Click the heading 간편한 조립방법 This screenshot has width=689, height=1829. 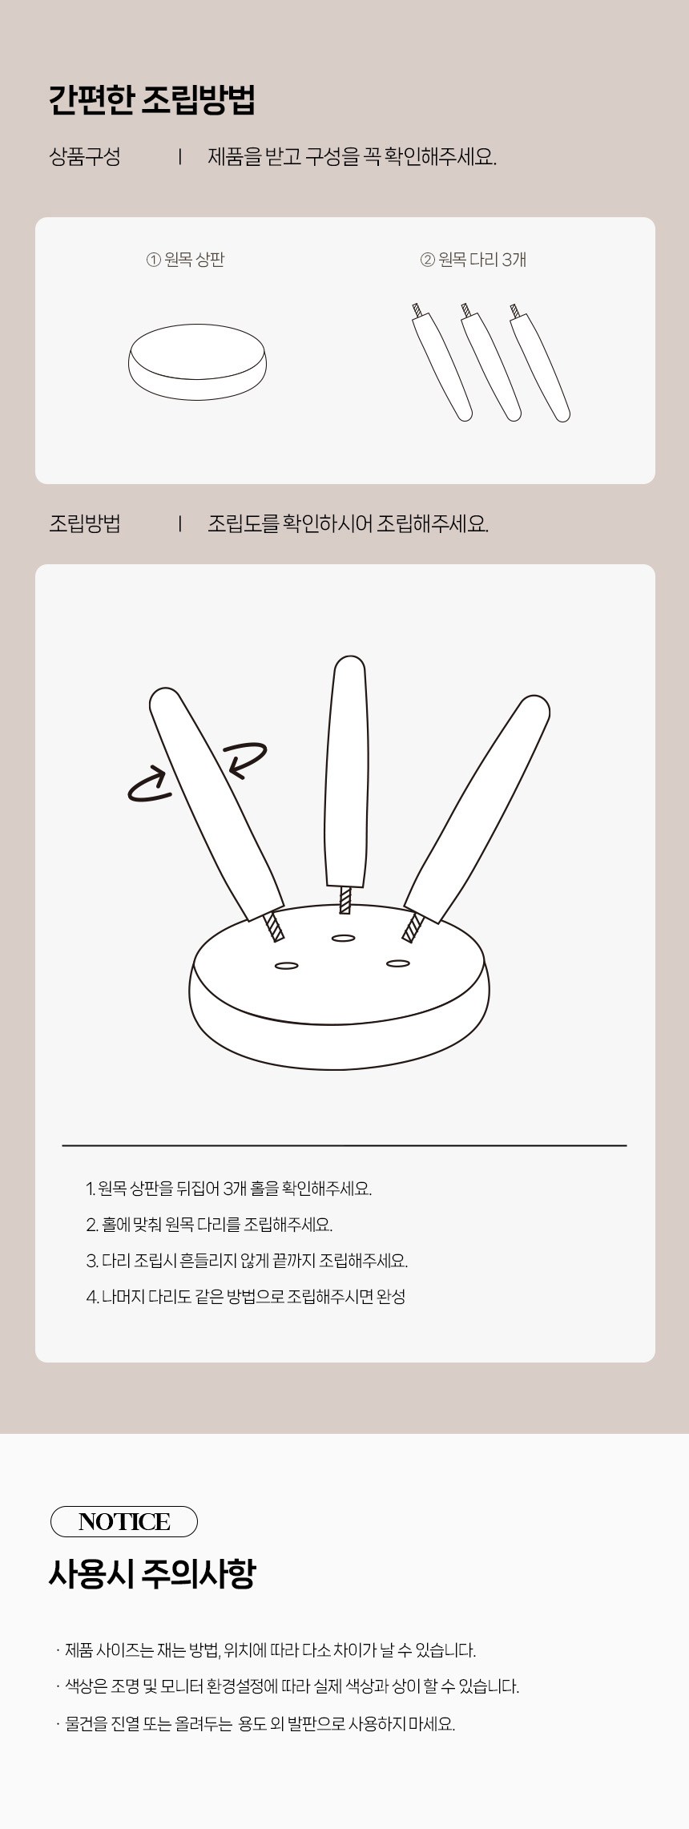(152, 100)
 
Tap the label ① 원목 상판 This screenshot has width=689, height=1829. (185, 260)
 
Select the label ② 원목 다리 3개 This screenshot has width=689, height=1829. (473, 260)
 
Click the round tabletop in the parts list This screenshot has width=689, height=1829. (197, 361)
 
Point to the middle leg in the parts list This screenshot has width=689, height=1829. (490, 362)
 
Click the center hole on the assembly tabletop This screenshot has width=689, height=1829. (343, 938)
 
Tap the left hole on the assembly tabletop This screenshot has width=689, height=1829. (286, 966)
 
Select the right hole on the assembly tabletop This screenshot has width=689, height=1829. (398, 963)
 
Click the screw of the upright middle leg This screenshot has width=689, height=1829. (345, 900)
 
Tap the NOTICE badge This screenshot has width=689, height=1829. (124, 1521)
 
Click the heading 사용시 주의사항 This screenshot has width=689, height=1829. (152, 1575)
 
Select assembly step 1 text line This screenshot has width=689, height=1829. (229, 1188)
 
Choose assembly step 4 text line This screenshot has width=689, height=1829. (246, 1296)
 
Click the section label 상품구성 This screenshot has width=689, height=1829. (85, 156)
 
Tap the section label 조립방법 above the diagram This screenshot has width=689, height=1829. (85, 523)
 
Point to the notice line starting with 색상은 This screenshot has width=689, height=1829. (288, 1686)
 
